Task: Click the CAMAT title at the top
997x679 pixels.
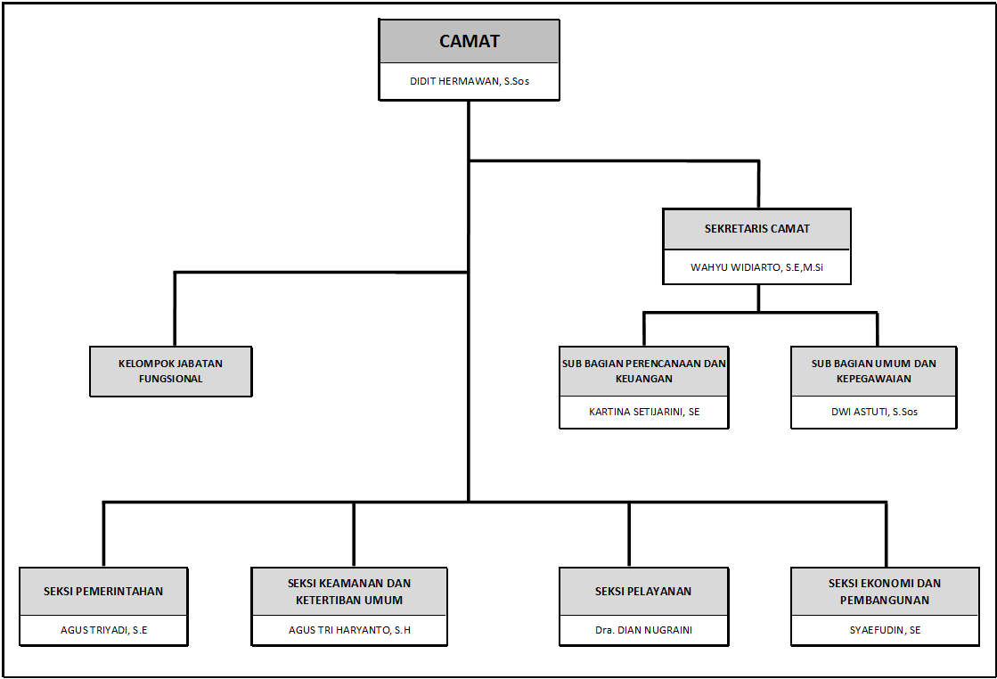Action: pos(470,41)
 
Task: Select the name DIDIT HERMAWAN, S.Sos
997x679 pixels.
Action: pos(470,81)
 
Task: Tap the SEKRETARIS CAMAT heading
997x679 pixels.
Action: pos(756,229)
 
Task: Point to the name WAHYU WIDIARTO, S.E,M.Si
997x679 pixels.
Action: pos(756,267)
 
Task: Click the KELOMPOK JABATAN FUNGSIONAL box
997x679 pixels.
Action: pos(171,372)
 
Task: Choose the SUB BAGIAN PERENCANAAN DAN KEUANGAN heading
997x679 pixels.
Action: pos(644,372)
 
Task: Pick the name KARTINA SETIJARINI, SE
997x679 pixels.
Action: pos(644,412)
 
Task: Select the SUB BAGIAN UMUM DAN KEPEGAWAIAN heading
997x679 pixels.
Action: pos(874,372)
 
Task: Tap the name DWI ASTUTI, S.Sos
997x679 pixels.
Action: pos(874,412)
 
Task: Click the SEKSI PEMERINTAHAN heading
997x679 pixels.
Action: pos(103,592)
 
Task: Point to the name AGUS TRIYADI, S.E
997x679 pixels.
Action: pos(103,630)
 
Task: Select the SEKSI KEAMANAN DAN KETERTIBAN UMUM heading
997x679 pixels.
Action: pos(349,592)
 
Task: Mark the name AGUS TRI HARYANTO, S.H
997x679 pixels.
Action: pos(349,630)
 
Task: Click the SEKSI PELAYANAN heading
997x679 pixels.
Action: pos(642,592)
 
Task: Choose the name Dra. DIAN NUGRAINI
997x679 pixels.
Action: pos(643,630)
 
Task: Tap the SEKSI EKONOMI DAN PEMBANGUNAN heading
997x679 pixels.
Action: pos(885,592)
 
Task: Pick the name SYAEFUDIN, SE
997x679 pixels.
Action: pos(885,630)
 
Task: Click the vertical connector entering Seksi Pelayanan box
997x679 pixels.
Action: pos(629,535)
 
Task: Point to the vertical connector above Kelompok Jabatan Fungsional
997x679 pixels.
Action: pos(175,309)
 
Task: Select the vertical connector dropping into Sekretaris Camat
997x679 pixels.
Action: pos(758,185)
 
